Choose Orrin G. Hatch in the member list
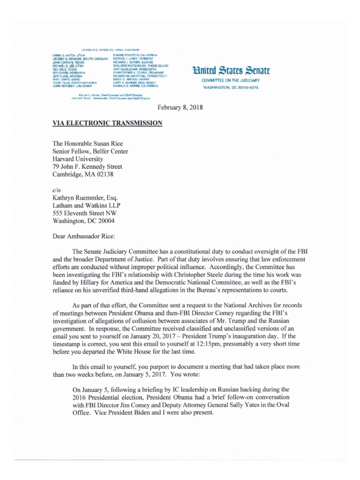tap(68, 55)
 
